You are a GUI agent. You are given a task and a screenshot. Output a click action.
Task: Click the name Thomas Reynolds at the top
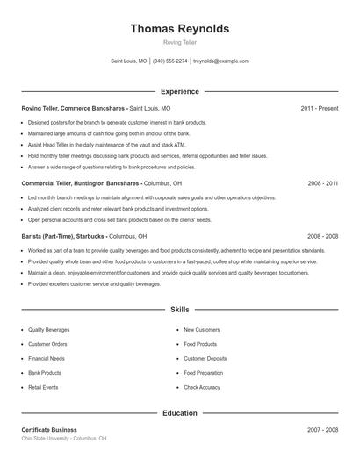click(x=180, y=28)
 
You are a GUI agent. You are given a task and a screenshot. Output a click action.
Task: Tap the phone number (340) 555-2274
click(x=170, y=61)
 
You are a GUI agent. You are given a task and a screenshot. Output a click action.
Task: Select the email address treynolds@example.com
click(x=221, y=61)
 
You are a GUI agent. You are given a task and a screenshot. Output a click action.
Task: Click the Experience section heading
click(x=180, y=91)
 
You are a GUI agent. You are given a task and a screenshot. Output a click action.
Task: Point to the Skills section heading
click(x=180, y=310)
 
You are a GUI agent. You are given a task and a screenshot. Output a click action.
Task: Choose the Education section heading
click(x=180, y=412)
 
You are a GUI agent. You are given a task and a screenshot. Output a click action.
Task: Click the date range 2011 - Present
click(x=319, y=108)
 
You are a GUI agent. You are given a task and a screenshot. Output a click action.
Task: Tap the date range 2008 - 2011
click(x=322, y=184)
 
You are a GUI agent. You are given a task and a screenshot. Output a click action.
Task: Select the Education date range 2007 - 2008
click(x=322, y=430)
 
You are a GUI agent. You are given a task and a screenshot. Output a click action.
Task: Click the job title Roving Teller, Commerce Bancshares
click(x=75, y=108)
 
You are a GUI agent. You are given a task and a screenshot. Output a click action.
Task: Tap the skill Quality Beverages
click(x=49, y=329)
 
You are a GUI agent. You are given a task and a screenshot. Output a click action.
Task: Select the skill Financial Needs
click(x=47, y=358)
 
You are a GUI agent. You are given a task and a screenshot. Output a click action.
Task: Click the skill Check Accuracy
click(x=201, y=387)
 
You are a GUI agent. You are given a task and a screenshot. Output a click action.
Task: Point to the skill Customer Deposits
click(x=205, y=358)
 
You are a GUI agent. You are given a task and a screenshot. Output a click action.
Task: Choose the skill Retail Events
click(x=43, y=387)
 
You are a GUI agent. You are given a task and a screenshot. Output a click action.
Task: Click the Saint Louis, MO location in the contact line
click(x=129, y=61)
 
